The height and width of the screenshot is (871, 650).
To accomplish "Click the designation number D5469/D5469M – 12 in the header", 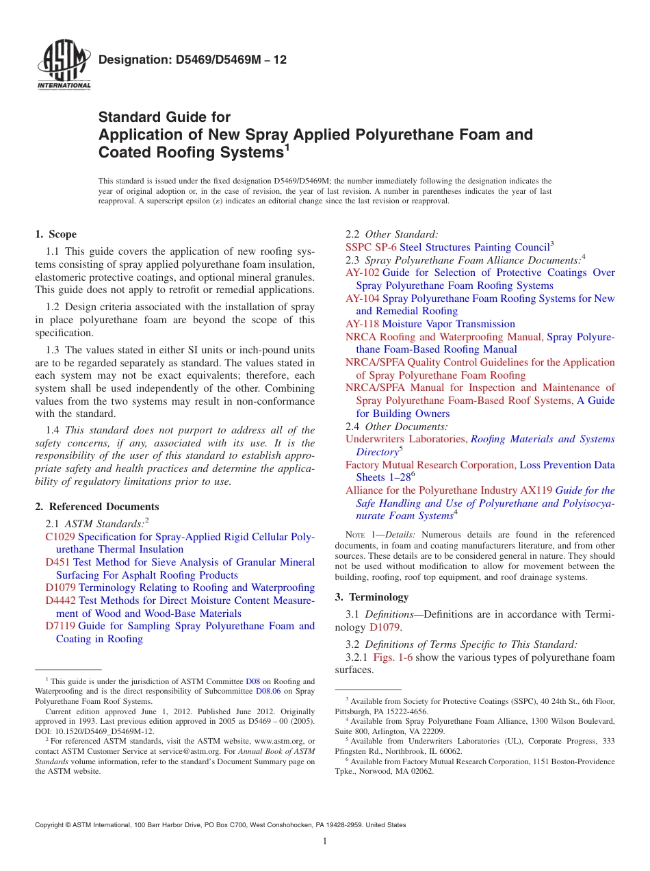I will click(x=192, y=60).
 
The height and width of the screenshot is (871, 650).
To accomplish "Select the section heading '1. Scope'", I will click(x=55, y=234).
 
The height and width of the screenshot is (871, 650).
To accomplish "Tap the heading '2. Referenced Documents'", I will click(x=96, y=507).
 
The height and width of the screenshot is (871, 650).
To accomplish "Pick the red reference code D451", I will click(x=57, y=562).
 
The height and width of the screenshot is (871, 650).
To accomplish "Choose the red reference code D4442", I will click(x=60, y=601).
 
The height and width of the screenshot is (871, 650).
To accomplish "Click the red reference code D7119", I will click(x=60, y=626).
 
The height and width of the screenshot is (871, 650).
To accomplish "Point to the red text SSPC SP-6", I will click(x=371, y=247).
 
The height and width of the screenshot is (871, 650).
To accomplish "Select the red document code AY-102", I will click(x=362, y=273).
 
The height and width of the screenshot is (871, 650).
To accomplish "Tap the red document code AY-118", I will click(x=362, y=324).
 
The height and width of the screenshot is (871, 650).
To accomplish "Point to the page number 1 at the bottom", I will click(x=325, y=842).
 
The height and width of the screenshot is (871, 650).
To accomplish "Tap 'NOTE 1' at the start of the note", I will click(x=361, y=535).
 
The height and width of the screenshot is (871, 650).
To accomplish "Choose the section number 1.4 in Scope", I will click(x=53, y=430).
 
